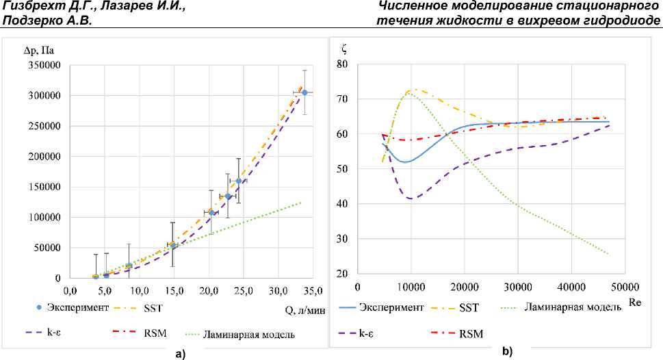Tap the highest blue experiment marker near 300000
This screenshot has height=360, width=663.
pyautogui.click(x=304, y=92)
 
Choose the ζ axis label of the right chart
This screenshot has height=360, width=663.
pyautogui.click(x=343, y=49)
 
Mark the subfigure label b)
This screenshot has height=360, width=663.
pyautogui.click(x=507, y=351)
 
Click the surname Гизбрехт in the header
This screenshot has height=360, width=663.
pyautogui.click(x=31, y=7)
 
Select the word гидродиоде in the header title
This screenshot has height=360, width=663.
pyautogui.click(x=621, y=20)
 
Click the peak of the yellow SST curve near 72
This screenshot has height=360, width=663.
pyautogui.click(x=413, y=89)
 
